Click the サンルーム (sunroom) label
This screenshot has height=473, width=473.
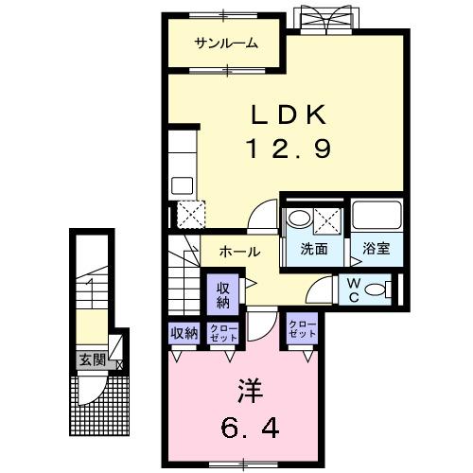(x=226, y=44)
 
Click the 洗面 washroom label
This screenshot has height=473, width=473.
(x=314, y=250)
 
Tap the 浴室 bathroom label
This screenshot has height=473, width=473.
(x=376, y=250)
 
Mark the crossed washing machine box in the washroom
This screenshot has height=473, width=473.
(x=327, y=218)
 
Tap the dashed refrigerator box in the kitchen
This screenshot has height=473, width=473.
(x=190, y=217)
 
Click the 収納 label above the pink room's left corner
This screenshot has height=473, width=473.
(x=184, y=332)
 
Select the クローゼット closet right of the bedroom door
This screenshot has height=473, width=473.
(x=303, y=331)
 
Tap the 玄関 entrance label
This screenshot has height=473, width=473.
(x=92, y=359)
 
